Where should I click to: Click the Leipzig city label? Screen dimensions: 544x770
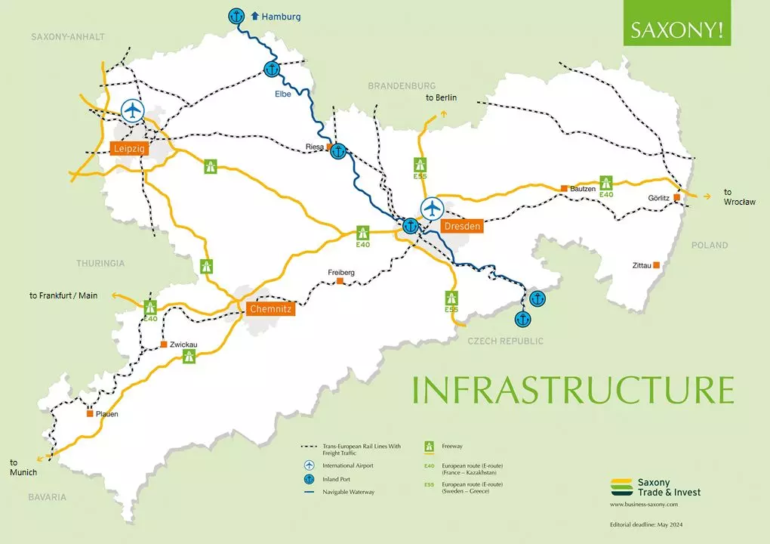tap(129, 149)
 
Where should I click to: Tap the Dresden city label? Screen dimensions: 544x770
tap(462, 226)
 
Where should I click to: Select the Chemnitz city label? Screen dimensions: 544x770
tap(269, 309)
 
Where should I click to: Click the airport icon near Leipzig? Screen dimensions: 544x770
tap(133, 111)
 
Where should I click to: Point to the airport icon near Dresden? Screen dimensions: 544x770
tap(432, 207)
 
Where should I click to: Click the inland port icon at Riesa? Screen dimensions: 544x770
tap(339, 151)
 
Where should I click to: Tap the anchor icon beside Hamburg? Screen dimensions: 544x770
tap(237, 16)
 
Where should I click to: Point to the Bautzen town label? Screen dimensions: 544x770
tap(584, 188)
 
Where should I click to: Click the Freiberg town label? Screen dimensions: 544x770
tap(341, 273)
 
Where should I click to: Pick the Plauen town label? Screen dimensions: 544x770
tap(106, 414)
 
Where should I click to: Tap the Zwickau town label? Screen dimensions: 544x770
tap(183, 345)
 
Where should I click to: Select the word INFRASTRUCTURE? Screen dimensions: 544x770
tap(573, 389)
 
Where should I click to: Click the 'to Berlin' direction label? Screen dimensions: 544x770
tap(441, 97)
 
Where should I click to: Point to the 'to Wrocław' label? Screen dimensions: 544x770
tap(738, 197)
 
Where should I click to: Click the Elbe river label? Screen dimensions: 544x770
tap(283, 94)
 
